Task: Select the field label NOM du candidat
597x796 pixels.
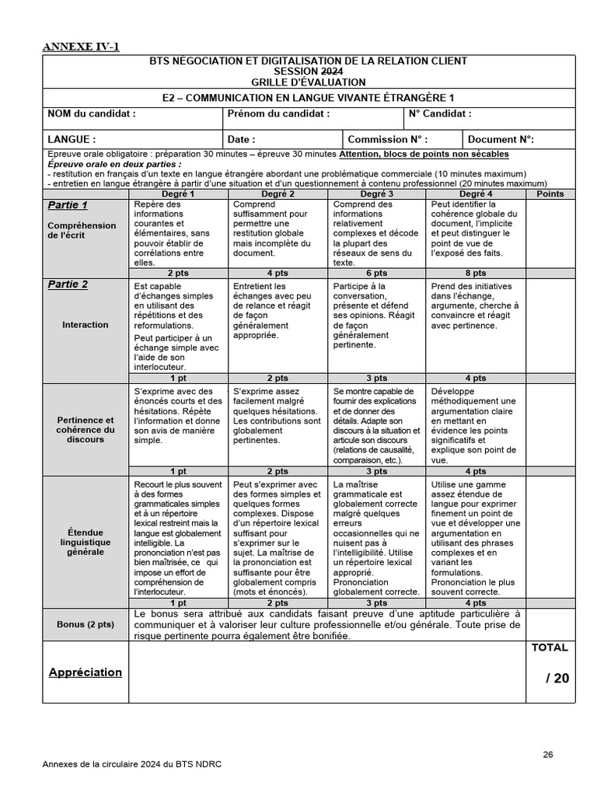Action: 92,113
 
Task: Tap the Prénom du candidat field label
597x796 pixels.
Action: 278,113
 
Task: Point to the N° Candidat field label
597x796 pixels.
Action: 439,113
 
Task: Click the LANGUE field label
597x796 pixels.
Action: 72,139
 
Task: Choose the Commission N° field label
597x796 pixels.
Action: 387,139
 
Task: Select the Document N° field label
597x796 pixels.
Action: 501,139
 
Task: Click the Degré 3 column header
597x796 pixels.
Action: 376,194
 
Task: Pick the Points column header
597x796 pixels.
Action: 551,194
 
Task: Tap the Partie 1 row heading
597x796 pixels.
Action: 68,205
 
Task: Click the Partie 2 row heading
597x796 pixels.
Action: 68,285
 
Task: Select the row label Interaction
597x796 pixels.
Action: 86,324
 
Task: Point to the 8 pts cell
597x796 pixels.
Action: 476,273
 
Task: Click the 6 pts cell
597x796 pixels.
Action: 376,273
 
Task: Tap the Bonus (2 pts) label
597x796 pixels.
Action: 86,624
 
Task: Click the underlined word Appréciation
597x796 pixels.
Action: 86,672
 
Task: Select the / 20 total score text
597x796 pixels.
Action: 557,678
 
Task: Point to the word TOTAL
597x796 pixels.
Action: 550,648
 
